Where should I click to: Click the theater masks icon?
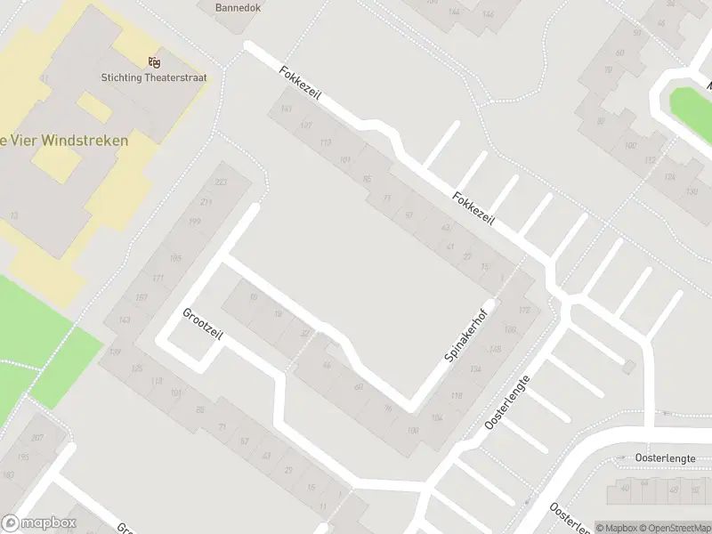tap(155, 61)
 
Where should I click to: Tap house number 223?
tap(221, 182)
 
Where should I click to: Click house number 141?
tap(286, 109)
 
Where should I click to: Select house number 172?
tap(524, 311)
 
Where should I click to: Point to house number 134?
tap(476, 369)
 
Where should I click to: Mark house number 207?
tap(36, 438)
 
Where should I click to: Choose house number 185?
tap(175, 258)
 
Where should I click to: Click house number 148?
tap(496, 349)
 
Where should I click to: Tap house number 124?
tap(668, 176)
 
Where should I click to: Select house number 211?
tap(206, 202)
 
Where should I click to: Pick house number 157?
tap(141, 297)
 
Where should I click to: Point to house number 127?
tap(305, 125)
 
